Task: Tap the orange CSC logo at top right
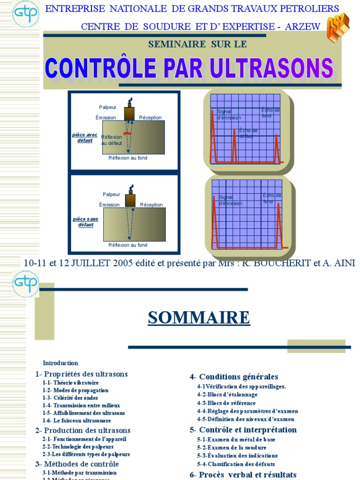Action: coord(337,28)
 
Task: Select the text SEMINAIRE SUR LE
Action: coord(197,45)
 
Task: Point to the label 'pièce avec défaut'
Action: coord(85,137)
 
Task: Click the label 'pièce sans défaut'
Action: coord(85,222)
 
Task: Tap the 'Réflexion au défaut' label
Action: coord(112,140)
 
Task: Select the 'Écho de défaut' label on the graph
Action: coord(248,133)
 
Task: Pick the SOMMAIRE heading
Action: coord(199,318)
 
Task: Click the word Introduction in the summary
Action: coord(60,363)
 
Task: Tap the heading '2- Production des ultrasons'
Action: coord(83,430)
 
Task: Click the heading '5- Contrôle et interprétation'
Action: coord(243,430)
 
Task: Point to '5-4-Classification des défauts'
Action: coord(237,464)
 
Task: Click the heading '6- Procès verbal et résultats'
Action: coord(243,475)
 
